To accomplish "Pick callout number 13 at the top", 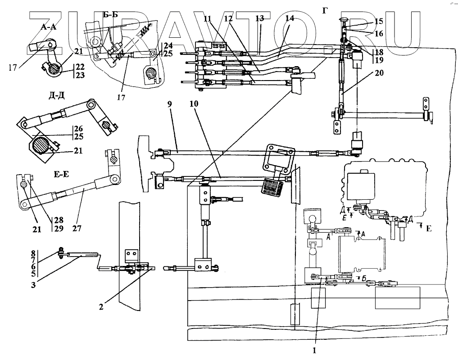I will coord(259,18).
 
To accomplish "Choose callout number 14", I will coord(290,18).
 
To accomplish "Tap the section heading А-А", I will coord(48,27).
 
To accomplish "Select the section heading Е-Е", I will coord(63,172).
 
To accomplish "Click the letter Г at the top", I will coord(325,10).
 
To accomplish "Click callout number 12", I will coord(228,18).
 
